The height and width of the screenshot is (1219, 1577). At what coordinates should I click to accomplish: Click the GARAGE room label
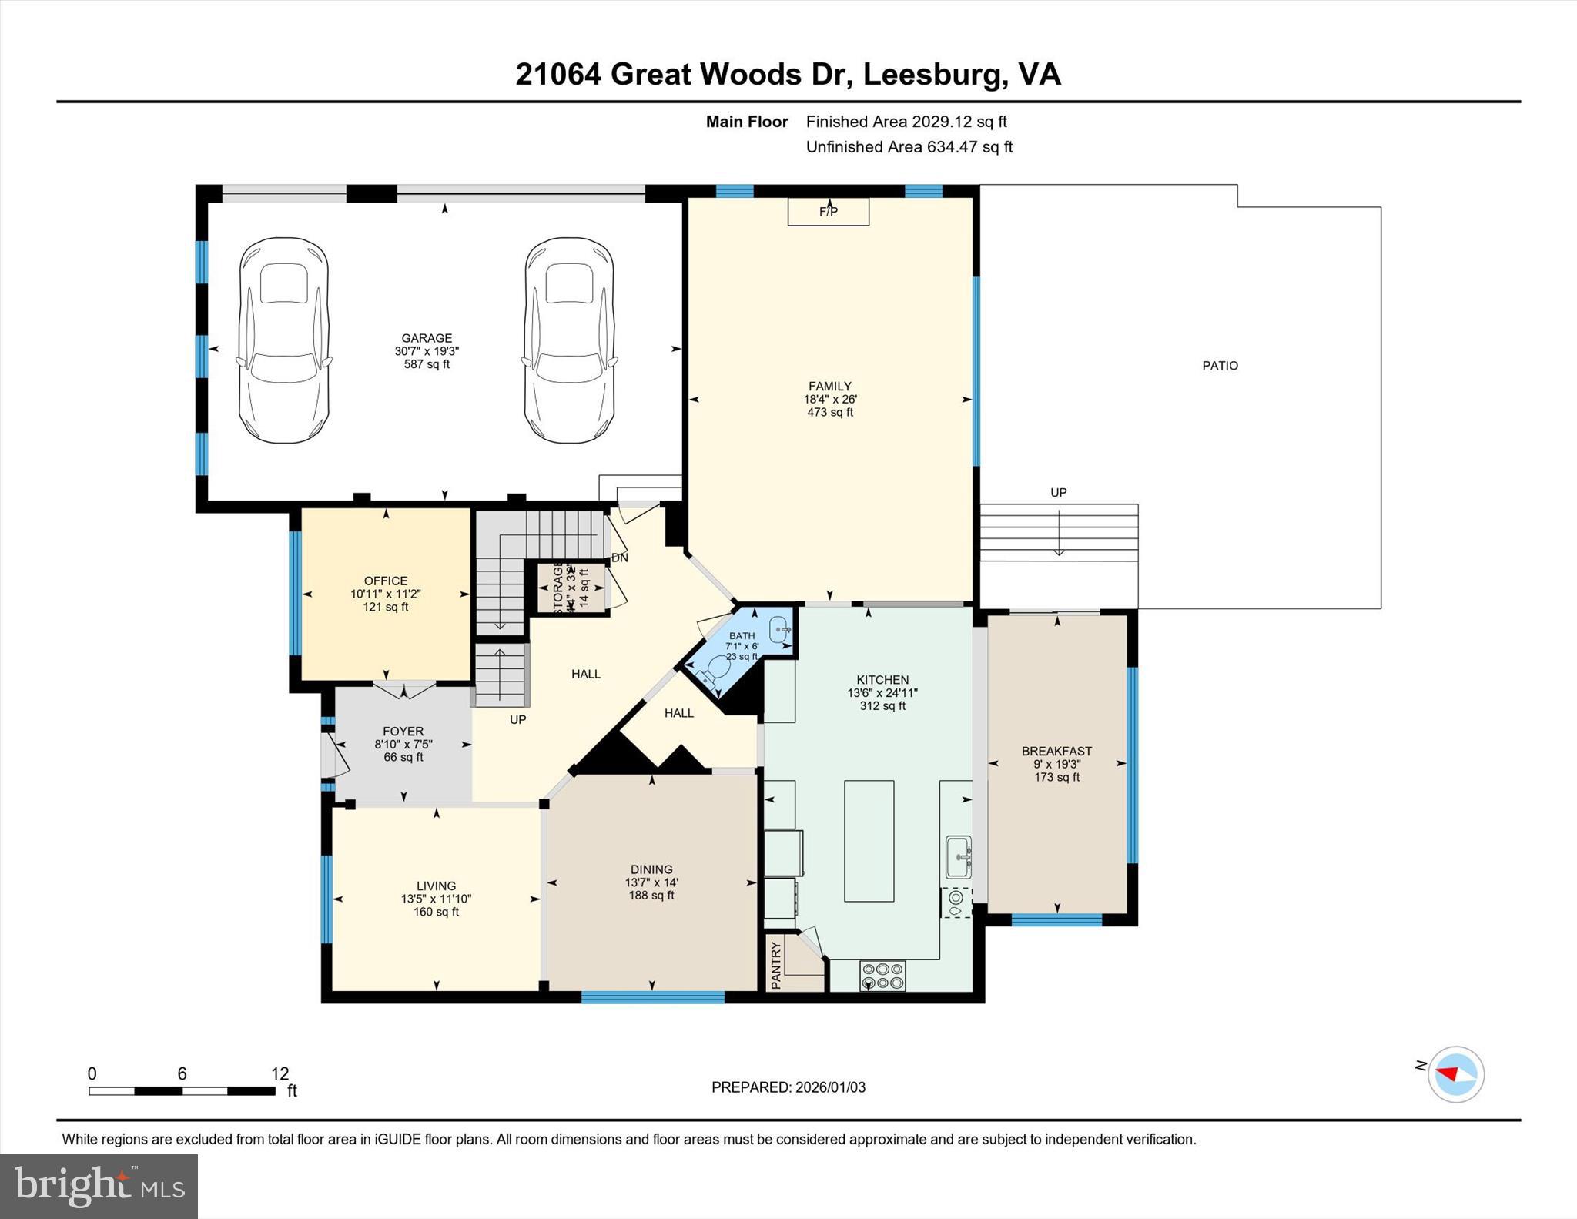[427, 338]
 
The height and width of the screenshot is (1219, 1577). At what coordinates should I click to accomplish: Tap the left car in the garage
[283, 340]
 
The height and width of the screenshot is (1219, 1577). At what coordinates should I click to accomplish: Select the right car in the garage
[569, 340]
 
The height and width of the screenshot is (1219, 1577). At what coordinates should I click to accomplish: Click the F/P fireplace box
[828, 211]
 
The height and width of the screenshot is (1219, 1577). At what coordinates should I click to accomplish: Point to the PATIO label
[1220, 366]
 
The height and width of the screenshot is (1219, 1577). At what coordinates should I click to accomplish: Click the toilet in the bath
[711, 671]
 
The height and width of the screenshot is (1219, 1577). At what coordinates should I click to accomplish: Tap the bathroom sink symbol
[778, 628]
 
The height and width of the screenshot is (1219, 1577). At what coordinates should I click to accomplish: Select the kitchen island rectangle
[869, 840]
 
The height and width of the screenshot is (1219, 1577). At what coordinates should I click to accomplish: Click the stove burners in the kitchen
[882, 976]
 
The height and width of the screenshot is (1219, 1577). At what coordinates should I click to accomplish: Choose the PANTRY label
[776, 964]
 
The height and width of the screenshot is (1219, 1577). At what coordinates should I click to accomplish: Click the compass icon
[1455, 1074]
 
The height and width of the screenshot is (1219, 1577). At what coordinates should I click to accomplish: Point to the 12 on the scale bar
[280, 1073]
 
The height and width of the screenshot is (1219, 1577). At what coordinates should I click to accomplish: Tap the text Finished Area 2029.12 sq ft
[906, 122]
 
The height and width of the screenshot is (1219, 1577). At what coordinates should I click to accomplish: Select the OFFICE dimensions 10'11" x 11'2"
[385, 594]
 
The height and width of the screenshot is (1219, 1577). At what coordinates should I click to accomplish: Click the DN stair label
[619, 558]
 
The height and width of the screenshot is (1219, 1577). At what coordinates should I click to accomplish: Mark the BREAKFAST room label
[1056, 751]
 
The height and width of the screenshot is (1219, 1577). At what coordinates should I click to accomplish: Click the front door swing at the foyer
[336, 754]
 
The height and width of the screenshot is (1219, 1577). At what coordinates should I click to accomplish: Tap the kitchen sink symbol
[959, 856]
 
